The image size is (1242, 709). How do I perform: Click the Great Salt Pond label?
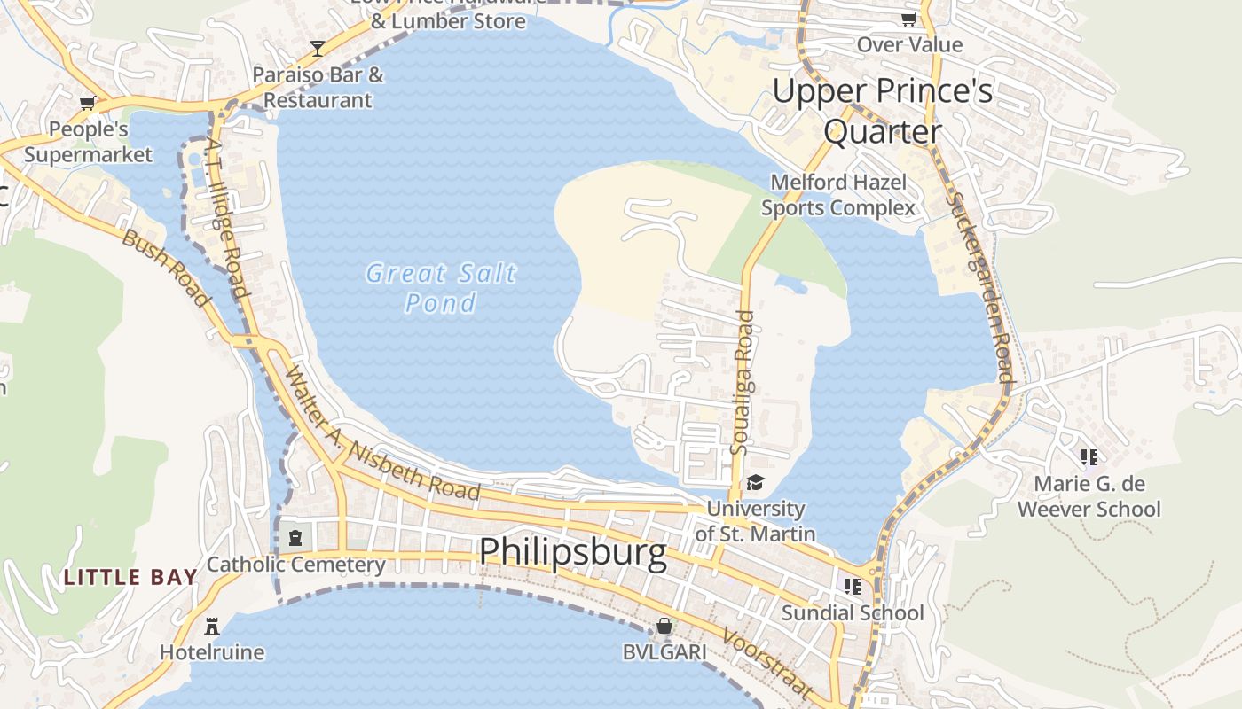(x=441, y=287)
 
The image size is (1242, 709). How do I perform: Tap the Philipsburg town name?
(x=572, y=552)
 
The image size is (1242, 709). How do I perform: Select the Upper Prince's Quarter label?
(x=882, y=111)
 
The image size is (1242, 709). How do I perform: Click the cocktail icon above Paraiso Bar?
(x=318, y=48)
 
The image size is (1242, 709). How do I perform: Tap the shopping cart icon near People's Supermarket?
(x=87, y=104)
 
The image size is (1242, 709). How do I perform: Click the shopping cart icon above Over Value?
(x=908, y=19)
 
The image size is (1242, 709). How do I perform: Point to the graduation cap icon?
(x=755, y=482)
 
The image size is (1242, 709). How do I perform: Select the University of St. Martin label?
(x=755, y=521)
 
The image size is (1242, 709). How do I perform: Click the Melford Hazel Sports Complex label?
(x=838, y=195)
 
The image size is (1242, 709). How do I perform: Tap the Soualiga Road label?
(x=742, y=383)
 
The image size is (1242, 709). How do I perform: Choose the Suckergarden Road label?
(x=979, y=287)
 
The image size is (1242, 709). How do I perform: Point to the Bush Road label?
(x=165, y=268)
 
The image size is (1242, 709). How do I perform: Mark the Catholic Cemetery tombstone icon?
(x=295, y=537)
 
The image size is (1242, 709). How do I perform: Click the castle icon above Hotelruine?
(x=211, y=627)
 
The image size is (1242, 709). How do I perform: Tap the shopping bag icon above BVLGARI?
(x=664, y=627)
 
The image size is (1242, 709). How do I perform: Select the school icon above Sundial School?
(x=853, y=586)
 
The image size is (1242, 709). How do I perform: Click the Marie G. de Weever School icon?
(x=1089, y=457)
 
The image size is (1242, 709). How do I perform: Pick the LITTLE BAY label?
(x=130, y=578)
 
